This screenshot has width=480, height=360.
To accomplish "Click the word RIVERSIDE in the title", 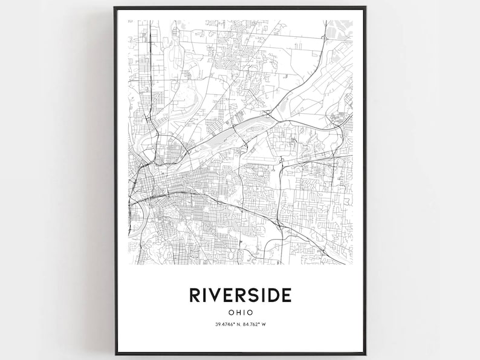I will click(x=241, y=295).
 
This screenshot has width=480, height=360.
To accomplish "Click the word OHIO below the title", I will click(x=241, y=313).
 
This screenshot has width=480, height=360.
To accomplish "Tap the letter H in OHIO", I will click(x=238, y=313).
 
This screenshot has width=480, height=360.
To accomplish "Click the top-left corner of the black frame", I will click(x=114, y=7).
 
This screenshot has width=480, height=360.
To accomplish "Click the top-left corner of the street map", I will click(x=129, y=21).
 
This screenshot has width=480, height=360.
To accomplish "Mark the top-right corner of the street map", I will click(x=352, y=21).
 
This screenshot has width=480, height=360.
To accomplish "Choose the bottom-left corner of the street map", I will click(x=129, y=265).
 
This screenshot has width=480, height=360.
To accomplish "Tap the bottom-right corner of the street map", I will click(x=352, y=265).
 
